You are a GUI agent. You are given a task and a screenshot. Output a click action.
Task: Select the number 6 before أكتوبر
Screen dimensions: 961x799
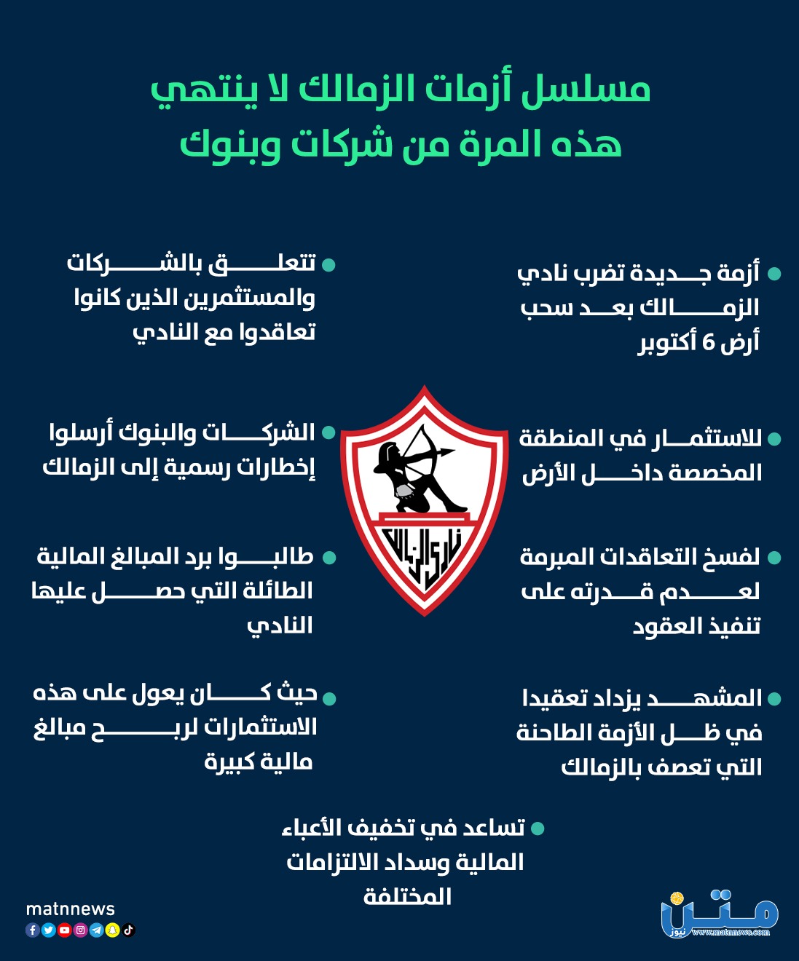[708, 342]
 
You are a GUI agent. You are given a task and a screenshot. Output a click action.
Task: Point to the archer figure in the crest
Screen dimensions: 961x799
[415, 466]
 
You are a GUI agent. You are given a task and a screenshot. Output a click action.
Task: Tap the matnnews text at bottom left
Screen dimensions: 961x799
[70, 909]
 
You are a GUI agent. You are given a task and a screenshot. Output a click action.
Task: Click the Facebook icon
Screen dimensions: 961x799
[33, 930]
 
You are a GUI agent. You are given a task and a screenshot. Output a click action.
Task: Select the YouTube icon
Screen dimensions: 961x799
[65, 930]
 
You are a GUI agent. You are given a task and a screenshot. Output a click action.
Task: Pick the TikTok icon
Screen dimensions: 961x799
[129, 930]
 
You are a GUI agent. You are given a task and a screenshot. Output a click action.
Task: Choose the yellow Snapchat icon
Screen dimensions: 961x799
[113, 930]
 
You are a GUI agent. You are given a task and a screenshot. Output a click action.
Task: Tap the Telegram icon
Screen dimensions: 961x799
[97, 930]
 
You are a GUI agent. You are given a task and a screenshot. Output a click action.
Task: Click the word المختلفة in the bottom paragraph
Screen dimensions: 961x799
[408, 896]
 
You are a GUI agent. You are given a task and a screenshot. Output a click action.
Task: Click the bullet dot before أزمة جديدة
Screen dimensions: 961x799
[774, 274]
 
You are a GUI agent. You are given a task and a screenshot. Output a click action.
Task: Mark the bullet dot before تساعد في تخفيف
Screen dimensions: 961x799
[538, 828]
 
